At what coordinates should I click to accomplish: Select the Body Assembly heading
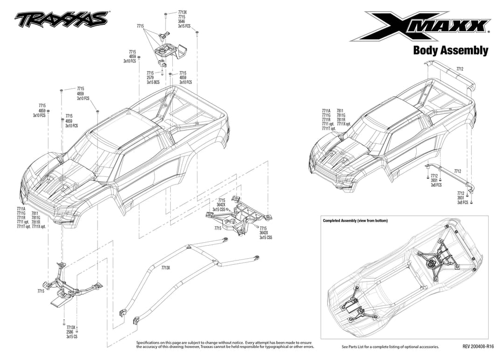450,50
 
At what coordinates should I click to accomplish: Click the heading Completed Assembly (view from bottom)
355,220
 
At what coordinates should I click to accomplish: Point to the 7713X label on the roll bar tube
166,268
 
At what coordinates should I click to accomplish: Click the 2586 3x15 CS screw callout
71,332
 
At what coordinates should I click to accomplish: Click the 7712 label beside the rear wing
460,69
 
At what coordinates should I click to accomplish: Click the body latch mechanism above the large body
169,50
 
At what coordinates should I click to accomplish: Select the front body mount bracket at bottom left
75,283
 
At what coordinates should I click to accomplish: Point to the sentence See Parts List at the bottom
390,347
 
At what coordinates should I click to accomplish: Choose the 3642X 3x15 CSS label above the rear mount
218,205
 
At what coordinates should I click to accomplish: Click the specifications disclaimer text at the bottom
225,345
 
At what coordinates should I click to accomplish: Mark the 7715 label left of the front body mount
41,291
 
